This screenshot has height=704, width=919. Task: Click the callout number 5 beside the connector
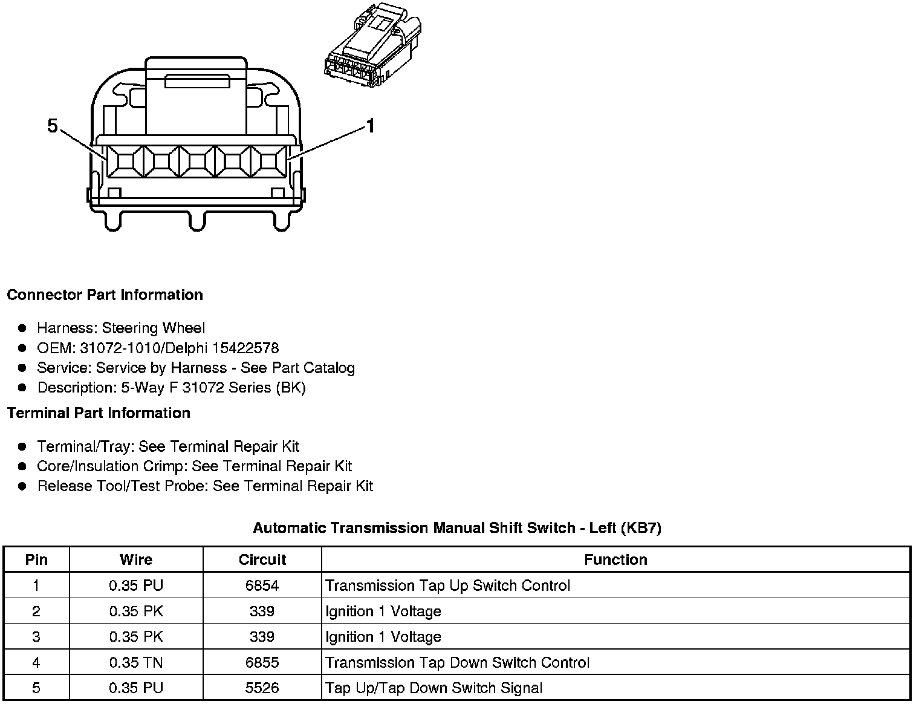(x=53, y=126)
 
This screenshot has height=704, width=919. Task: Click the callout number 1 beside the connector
(x=370, y=126)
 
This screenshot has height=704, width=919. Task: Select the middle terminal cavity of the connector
(x=196, y=161)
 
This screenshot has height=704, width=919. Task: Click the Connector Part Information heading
(x=105, y=295)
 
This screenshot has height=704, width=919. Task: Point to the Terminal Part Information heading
(x=99, y=413)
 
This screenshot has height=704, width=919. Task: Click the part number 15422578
(x=248, y=348)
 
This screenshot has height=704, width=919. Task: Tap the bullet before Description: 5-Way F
(x=22, y=388)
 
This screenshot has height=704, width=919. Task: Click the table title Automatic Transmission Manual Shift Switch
(x=457, y=528)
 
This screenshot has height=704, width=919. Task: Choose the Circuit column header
(x=262, y=560)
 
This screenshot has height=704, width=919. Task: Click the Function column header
(x=615, y=560)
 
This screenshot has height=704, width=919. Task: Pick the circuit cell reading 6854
(x=262, y=585)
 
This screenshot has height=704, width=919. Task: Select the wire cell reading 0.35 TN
(x=136, y=662)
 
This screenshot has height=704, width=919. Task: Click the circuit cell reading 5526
(x=262, y=688)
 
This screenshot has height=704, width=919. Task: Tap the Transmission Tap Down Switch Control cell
(x=457, y=662)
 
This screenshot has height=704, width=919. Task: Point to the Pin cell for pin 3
(x=36, y=637)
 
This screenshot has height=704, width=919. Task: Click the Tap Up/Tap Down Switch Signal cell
(x=434, y=688)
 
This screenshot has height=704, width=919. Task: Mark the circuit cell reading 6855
(x=262, y=662)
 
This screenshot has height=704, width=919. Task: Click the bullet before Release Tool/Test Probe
(x=22, y=486)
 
